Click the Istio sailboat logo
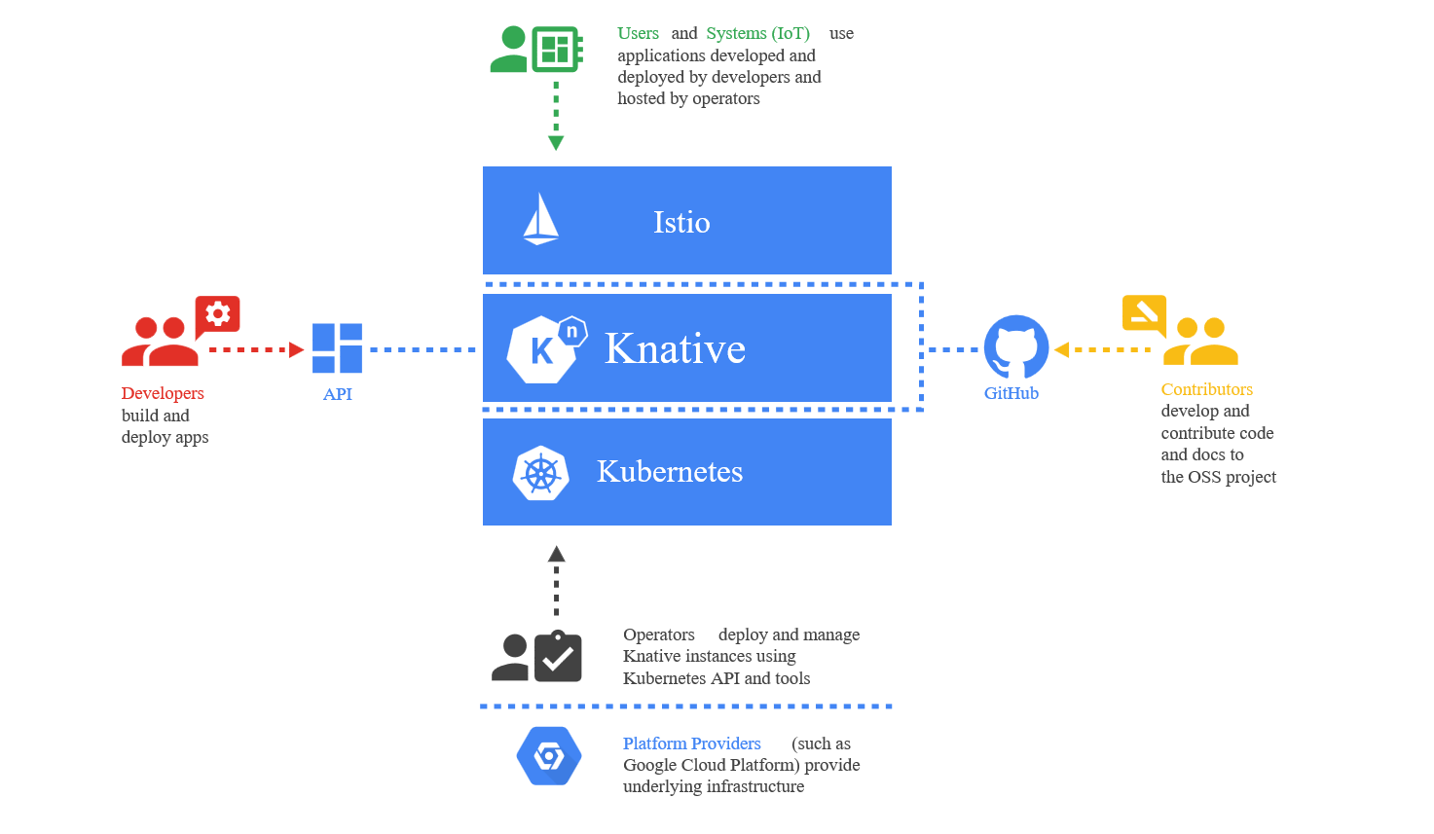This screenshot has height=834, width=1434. coord(540,219)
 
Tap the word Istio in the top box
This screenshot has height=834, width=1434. coord(681,223)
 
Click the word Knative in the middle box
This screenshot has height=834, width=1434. coord(675,348)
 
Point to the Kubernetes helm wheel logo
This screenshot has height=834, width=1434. coord(540,474)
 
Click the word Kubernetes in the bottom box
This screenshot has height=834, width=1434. coord(669,472)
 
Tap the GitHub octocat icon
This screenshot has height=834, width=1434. coord(1015,347)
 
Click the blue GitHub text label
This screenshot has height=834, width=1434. coord(1011,393)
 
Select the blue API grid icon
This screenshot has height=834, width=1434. coord(337,348)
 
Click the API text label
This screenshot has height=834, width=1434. coord(337,394)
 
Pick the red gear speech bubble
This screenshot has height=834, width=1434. coord(217,315)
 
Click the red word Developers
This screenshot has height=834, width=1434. coord(163,393)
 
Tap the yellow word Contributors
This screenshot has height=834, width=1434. coord(1206,389)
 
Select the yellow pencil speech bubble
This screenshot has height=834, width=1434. coord(1144,313)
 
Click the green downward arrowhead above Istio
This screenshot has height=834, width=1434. coord(556,143)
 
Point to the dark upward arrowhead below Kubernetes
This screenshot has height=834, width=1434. coord(556,554)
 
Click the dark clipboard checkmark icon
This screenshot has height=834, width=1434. coord(558,657)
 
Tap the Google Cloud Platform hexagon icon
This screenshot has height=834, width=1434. coord(549,756)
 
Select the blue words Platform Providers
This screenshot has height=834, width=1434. coord(691,743)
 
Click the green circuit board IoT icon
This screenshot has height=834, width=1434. coord(556,49)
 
